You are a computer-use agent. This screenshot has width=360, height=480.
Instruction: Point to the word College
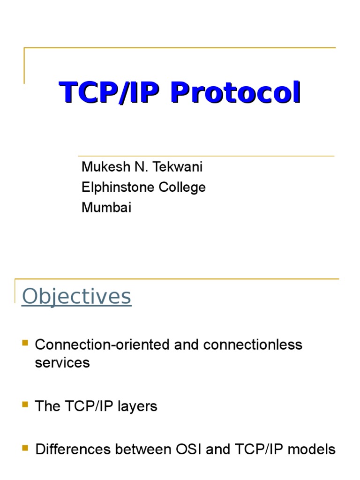[x=181, y=187]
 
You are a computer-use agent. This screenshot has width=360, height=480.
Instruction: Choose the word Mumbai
[x=106, y=207]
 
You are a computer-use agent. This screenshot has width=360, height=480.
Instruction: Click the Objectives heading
[x=76, y=296]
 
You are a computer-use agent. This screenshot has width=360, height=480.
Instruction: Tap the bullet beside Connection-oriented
[x=25, y=344]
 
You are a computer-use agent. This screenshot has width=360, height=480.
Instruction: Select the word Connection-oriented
[x=103, y=345]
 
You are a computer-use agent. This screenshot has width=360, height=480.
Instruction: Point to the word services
[x=62, y=362]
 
